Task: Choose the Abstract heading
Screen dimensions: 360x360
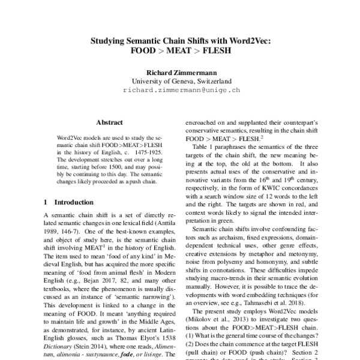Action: click(109, 121)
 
